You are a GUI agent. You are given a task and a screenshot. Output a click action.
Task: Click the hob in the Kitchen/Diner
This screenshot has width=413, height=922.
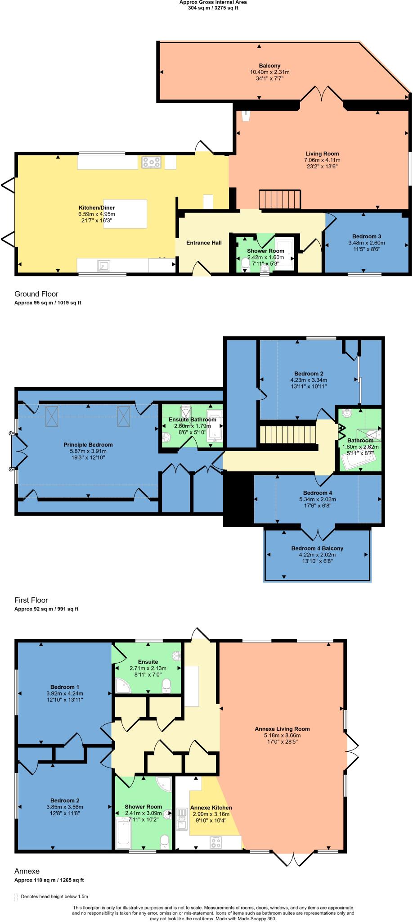152,162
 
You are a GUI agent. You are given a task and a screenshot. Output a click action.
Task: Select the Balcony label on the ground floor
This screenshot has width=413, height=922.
269,66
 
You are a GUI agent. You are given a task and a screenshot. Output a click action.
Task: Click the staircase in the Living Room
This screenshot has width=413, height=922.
279,199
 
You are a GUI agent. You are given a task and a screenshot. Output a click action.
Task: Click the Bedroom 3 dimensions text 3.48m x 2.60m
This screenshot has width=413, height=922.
367,243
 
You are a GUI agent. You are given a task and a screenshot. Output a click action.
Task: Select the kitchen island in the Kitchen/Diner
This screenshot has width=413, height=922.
126,213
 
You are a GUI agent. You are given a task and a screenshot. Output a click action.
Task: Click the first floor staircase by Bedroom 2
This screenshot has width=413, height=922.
288,435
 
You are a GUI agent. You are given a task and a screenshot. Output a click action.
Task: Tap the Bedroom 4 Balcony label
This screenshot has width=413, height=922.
317,548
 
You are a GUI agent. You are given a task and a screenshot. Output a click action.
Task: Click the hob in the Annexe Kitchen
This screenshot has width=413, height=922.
216,842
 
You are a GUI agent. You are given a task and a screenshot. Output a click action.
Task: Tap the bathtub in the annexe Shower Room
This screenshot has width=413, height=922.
123,832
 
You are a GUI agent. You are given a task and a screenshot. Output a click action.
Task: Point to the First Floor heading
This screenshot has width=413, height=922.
31,600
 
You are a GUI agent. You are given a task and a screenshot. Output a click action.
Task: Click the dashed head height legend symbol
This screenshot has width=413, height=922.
17,896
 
